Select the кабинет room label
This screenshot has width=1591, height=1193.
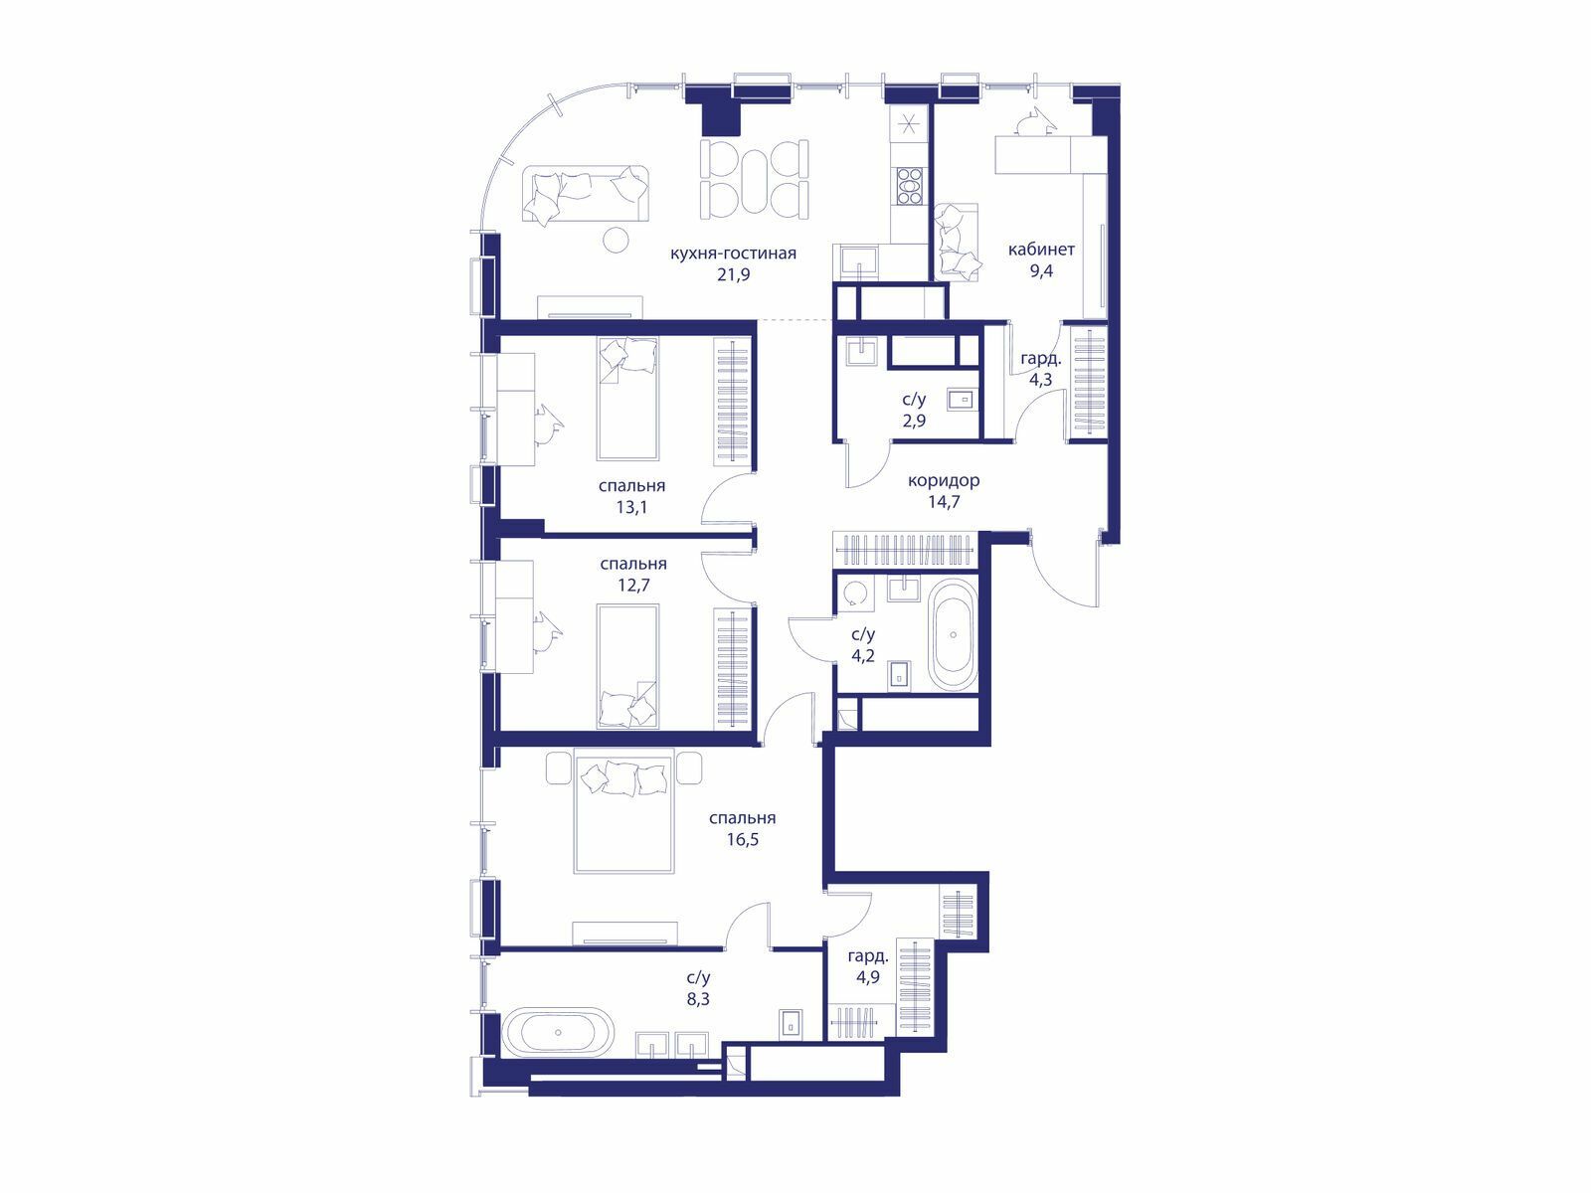1041,250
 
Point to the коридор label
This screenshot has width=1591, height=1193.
944,480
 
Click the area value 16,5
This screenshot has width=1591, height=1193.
742,840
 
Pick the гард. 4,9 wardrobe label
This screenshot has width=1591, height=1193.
868,966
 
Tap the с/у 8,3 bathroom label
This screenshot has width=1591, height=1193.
698,989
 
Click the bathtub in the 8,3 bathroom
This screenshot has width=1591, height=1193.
558,1032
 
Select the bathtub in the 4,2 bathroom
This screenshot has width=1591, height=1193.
953,634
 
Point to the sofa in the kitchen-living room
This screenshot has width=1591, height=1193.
586,194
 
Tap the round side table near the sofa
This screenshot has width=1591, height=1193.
617,240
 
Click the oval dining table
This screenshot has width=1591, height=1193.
754,181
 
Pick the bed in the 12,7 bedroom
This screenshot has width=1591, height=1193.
627,666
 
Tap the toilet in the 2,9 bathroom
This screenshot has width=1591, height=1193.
962,399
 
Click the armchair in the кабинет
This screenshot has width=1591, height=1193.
957,242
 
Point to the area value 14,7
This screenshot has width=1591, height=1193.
944,501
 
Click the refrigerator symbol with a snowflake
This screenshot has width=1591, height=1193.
908,124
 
